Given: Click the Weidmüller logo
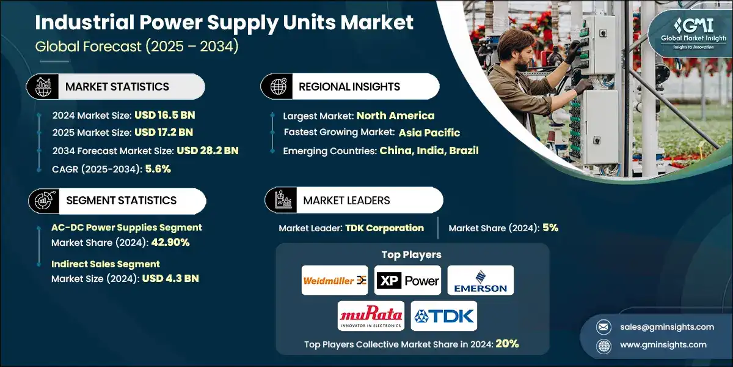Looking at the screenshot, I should click(335, 281).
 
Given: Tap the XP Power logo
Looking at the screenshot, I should click(407, 281).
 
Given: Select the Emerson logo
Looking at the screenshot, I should click(480, 281).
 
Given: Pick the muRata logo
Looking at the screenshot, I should click(371, 316).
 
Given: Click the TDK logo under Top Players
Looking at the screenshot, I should click(444, 316).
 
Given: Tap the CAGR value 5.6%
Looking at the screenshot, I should click(158, 169).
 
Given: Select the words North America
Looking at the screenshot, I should click(395, 115).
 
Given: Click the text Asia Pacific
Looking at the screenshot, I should click(429, 133).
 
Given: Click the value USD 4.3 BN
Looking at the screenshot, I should click(170, 278).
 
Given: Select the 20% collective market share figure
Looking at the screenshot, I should click(507, 344).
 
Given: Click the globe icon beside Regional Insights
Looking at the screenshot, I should click(279, 87).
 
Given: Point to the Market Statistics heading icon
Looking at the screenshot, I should click(43, 87).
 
